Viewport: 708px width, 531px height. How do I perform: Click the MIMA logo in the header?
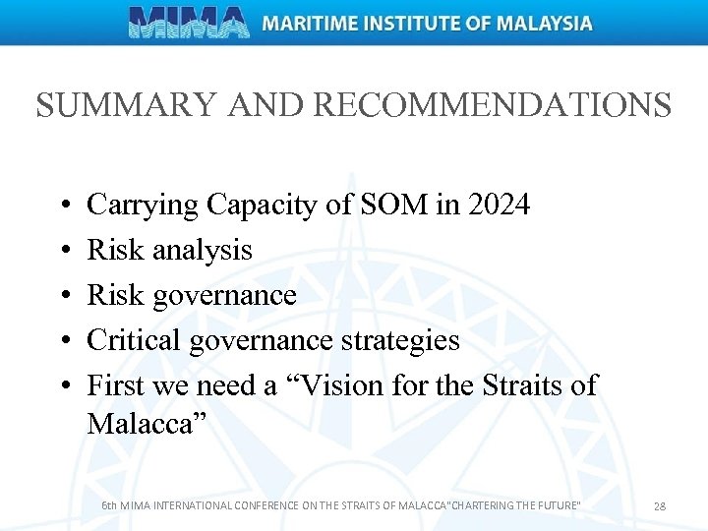[x=190, y=23]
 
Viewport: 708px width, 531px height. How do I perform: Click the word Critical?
[x=134, y=340]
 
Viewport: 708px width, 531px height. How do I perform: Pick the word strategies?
[x=398, y=340]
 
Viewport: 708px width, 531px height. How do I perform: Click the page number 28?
[x=660, y=505]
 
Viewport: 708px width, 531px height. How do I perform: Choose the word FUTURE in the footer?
[x=556, y=505]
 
